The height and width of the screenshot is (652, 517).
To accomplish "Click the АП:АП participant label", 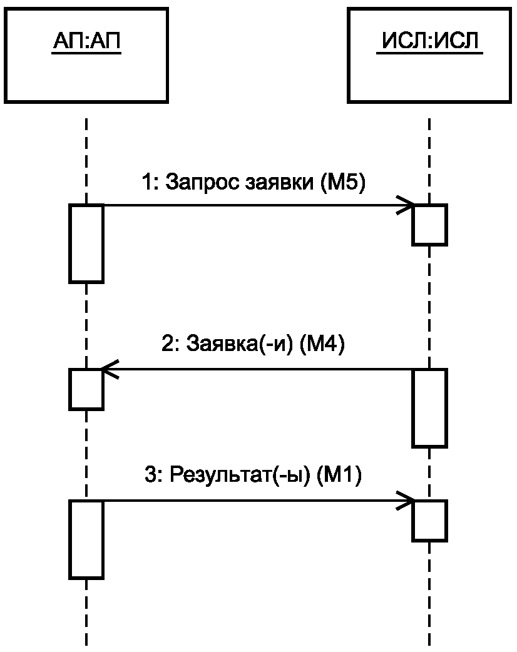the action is (86, 41).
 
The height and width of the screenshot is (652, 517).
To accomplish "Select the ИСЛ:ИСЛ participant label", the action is (429, 41).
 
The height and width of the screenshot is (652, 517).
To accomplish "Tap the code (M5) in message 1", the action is (343, 182).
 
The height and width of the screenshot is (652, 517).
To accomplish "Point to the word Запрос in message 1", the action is (202, 182).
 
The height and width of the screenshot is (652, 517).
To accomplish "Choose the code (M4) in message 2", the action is (322, 344).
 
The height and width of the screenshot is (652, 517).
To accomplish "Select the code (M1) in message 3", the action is (339, 474).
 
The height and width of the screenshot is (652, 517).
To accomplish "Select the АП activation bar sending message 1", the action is (86, 243).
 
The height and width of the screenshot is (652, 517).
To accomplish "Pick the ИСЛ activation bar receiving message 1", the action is (429, 225).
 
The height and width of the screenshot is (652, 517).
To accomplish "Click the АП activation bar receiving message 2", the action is (86, 389).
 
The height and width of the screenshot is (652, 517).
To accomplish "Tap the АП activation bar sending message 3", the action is (86, 540).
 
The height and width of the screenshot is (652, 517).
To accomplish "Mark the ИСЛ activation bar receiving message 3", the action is (429, 521).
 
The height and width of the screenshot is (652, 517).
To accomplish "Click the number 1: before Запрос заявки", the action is (151, 182).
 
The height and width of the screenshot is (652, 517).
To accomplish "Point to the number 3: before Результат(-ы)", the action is (155, 474).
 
